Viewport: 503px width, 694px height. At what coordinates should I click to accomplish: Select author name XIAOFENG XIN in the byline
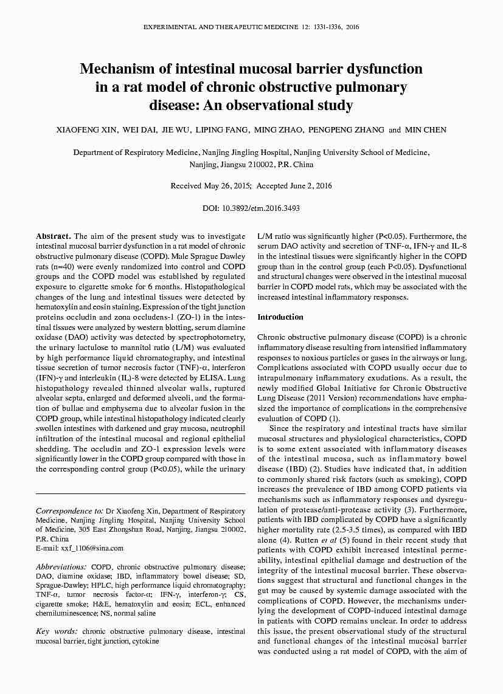(87, 130)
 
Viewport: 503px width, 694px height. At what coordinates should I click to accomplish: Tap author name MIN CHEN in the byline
(425, 130)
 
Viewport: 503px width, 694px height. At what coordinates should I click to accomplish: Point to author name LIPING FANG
(224, 130)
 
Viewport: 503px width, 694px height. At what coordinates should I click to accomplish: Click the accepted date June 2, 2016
(310, 186)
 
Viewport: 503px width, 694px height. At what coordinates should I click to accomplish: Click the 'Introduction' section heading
(280, 317)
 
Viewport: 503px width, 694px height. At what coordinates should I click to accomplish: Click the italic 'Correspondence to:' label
(69, 512)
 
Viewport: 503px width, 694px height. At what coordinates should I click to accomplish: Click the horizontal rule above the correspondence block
(140, 493)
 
